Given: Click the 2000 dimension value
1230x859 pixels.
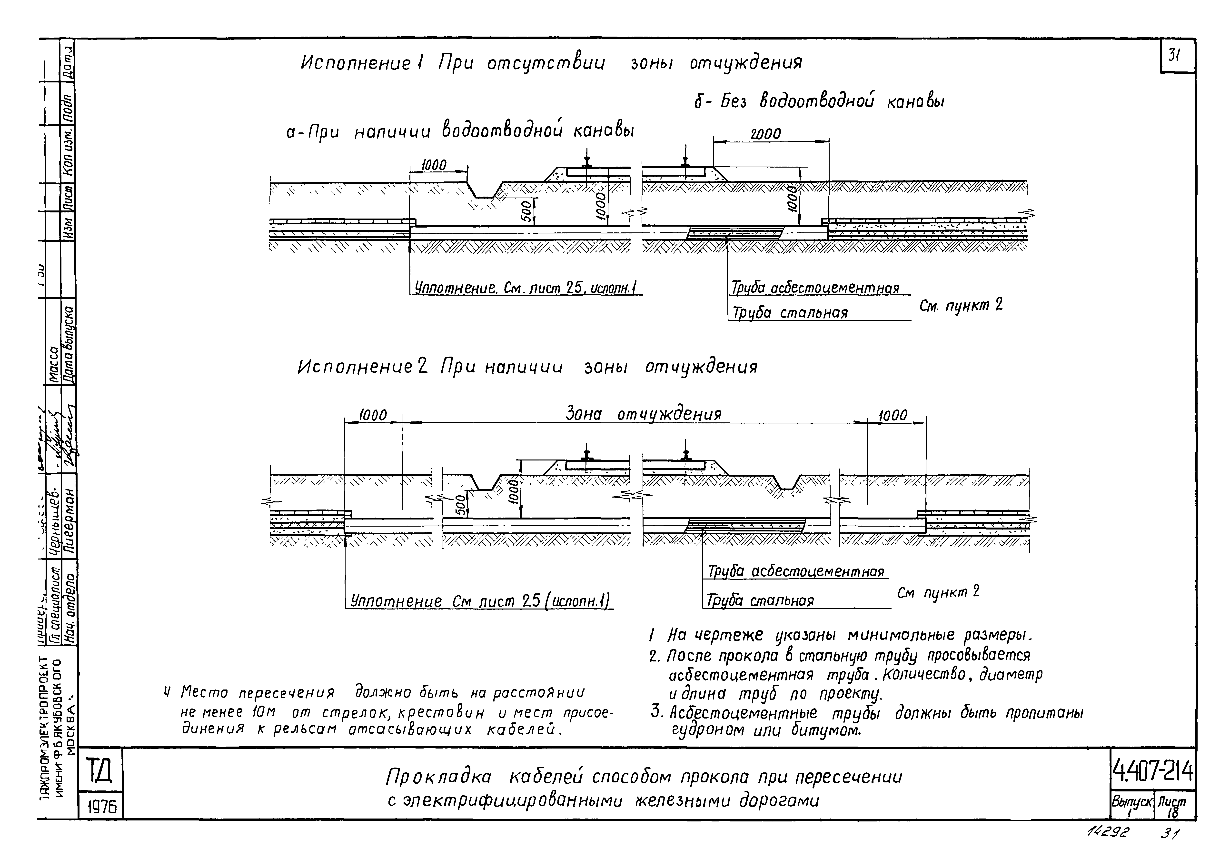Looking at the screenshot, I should (765, 134).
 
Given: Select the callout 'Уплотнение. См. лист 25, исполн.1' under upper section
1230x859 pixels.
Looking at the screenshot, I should (528, 288).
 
